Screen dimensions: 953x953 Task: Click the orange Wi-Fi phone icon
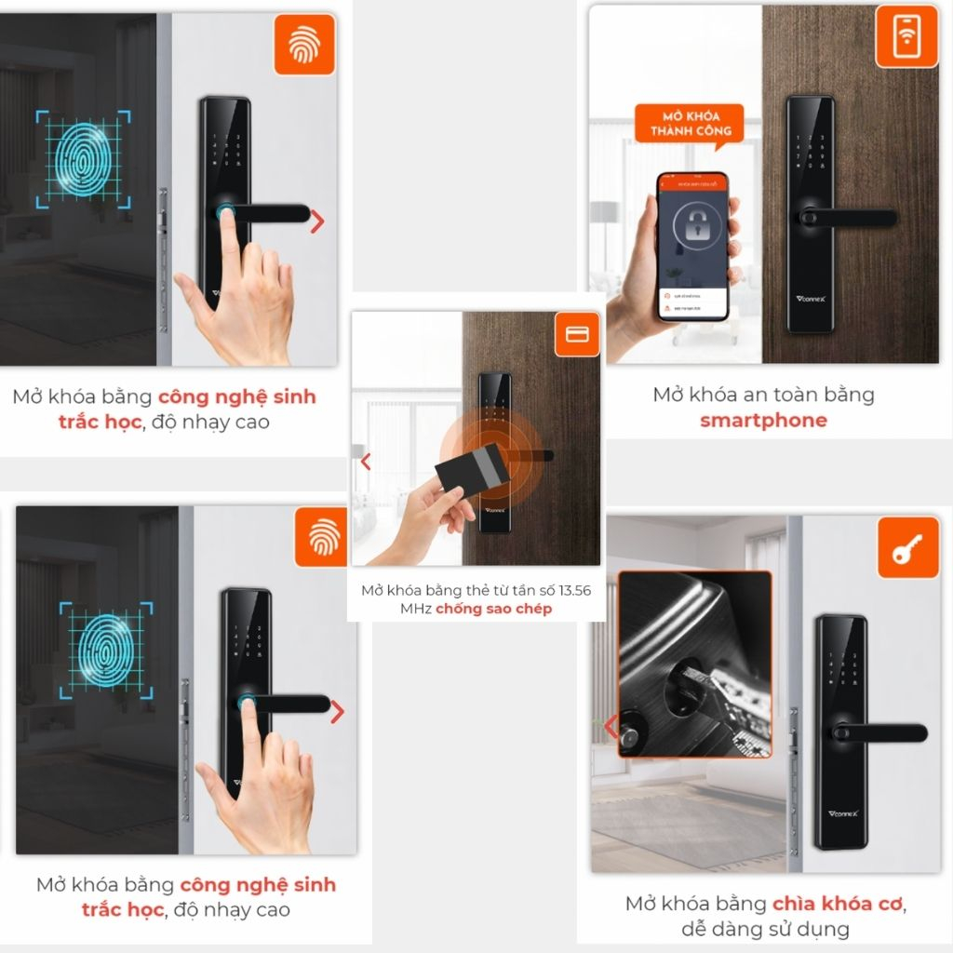point(906,36)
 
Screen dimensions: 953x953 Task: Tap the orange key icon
point(908,547)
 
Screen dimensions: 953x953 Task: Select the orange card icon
point(577,334)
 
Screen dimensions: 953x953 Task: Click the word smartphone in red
point(763,421)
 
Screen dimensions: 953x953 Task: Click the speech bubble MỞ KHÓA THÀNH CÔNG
point(691,124)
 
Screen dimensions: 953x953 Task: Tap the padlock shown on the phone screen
point(693,225)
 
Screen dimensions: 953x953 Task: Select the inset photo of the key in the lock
point(694,664)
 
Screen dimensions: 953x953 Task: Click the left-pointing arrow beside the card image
point(366,462)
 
